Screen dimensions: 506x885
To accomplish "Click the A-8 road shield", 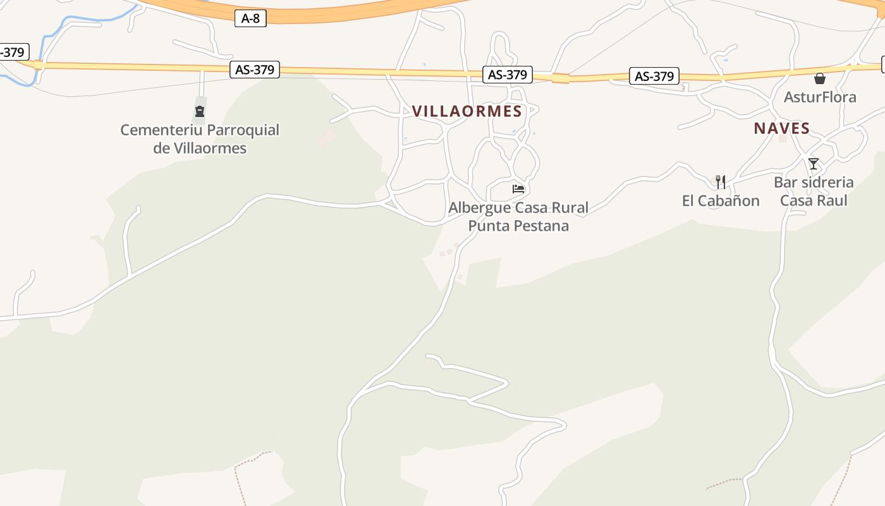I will pos(250,18).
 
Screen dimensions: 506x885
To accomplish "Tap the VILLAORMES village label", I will pos(467,111).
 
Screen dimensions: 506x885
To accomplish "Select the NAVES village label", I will pos(781,128).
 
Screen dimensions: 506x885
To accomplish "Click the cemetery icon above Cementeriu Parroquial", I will pos(200,112).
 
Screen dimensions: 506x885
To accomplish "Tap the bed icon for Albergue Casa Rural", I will pos(518,188).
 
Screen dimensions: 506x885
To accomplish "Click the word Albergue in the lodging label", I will pos(480,207).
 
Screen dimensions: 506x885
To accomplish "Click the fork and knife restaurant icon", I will pos(721,182).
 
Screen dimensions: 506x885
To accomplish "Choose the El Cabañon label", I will pos(721,201).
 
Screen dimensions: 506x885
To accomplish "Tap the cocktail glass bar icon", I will pos(814,164).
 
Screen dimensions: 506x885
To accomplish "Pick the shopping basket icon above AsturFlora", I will pos(820,78).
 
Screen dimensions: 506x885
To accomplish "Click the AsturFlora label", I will pos(820,97).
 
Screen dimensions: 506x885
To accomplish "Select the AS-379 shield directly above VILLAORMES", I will pos(508,75).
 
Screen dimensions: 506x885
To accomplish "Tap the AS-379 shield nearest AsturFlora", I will pos(654,77).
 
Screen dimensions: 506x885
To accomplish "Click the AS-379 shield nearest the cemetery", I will pos(255,70).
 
